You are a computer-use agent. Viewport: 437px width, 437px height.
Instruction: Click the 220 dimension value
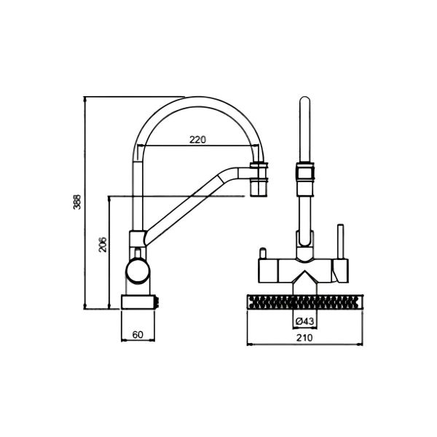click(x=197, y=139)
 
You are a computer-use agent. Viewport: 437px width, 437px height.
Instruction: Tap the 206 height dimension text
click(x=103, y=245)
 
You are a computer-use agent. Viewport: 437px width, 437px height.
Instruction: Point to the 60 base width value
click(x=138, y=334)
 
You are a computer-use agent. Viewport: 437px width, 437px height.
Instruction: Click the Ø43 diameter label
click(x=305, y=321)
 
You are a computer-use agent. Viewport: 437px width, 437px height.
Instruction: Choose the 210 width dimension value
click(x=304, y=338)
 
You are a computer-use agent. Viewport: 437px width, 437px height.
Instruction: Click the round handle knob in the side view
click(x=138, y=270)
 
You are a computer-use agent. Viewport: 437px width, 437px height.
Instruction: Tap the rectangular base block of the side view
click(x=138, y=302)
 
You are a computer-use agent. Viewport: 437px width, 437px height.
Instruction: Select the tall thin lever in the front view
click(x=341, y=242)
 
